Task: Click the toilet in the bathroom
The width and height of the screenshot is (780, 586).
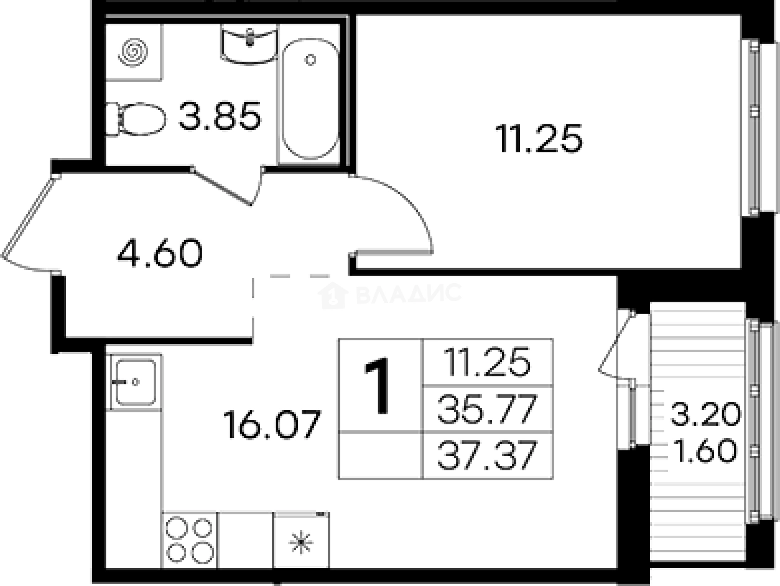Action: (x=136, y=119)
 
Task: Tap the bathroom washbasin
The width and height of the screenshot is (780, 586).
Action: (x=249, y=44)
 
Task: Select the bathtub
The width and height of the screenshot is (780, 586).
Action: (x=310, y=99)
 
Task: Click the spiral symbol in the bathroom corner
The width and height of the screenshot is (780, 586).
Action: (x=133, y=53)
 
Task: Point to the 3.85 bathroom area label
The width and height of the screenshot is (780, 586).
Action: (x=220, y=116)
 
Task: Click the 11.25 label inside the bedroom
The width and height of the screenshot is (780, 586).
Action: (x=539, y=138)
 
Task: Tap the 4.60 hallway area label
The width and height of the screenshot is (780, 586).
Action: (x=160, y=253)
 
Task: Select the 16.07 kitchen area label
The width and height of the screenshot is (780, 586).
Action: (x=272, y=424)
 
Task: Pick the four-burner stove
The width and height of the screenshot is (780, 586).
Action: (x=190, y=541)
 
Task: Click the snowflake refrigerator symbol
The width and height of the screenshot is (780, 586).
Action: (x=301, y=542)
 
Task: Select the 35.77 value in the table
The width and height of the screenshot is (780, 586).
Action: (x=487, y=409)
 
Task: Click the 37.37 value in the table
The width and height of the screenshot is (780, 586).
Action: (x=487, y=455)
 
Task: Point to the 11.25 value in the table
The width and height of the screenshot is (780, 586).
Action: (x=487, y=361)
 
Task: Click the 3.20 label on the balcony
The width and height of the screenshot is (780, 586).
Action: (x=706, y=414)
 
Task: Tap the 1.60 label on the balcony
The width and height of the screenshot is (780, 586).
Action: (x=706, y=450)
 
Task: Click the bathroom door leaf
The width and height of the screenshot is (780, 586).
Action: (x=221, y=186)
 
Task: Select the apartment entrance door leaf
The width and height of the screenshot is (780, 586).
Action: (x=29, y=216)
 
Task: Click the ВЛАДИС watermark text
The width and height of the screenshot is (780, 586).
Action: (x=409, y=294)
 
